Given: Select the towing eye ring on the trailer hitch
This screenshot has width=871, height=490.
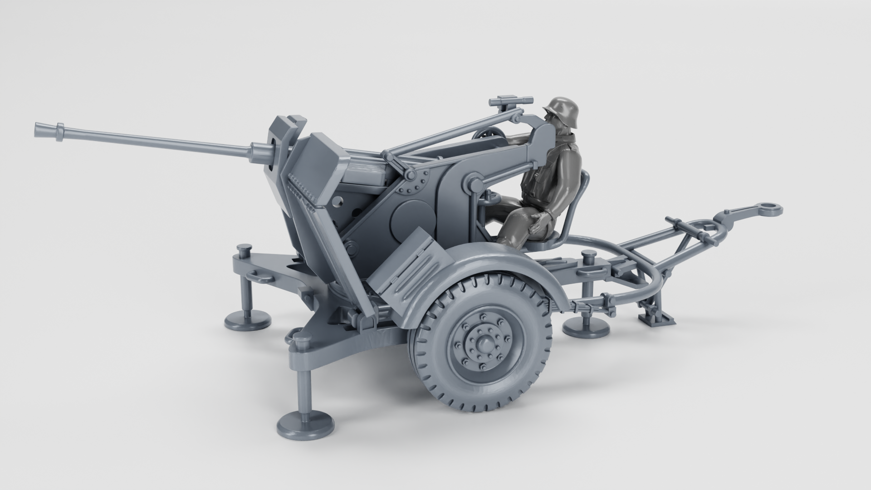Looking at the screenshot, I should (x=770, y=209).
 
